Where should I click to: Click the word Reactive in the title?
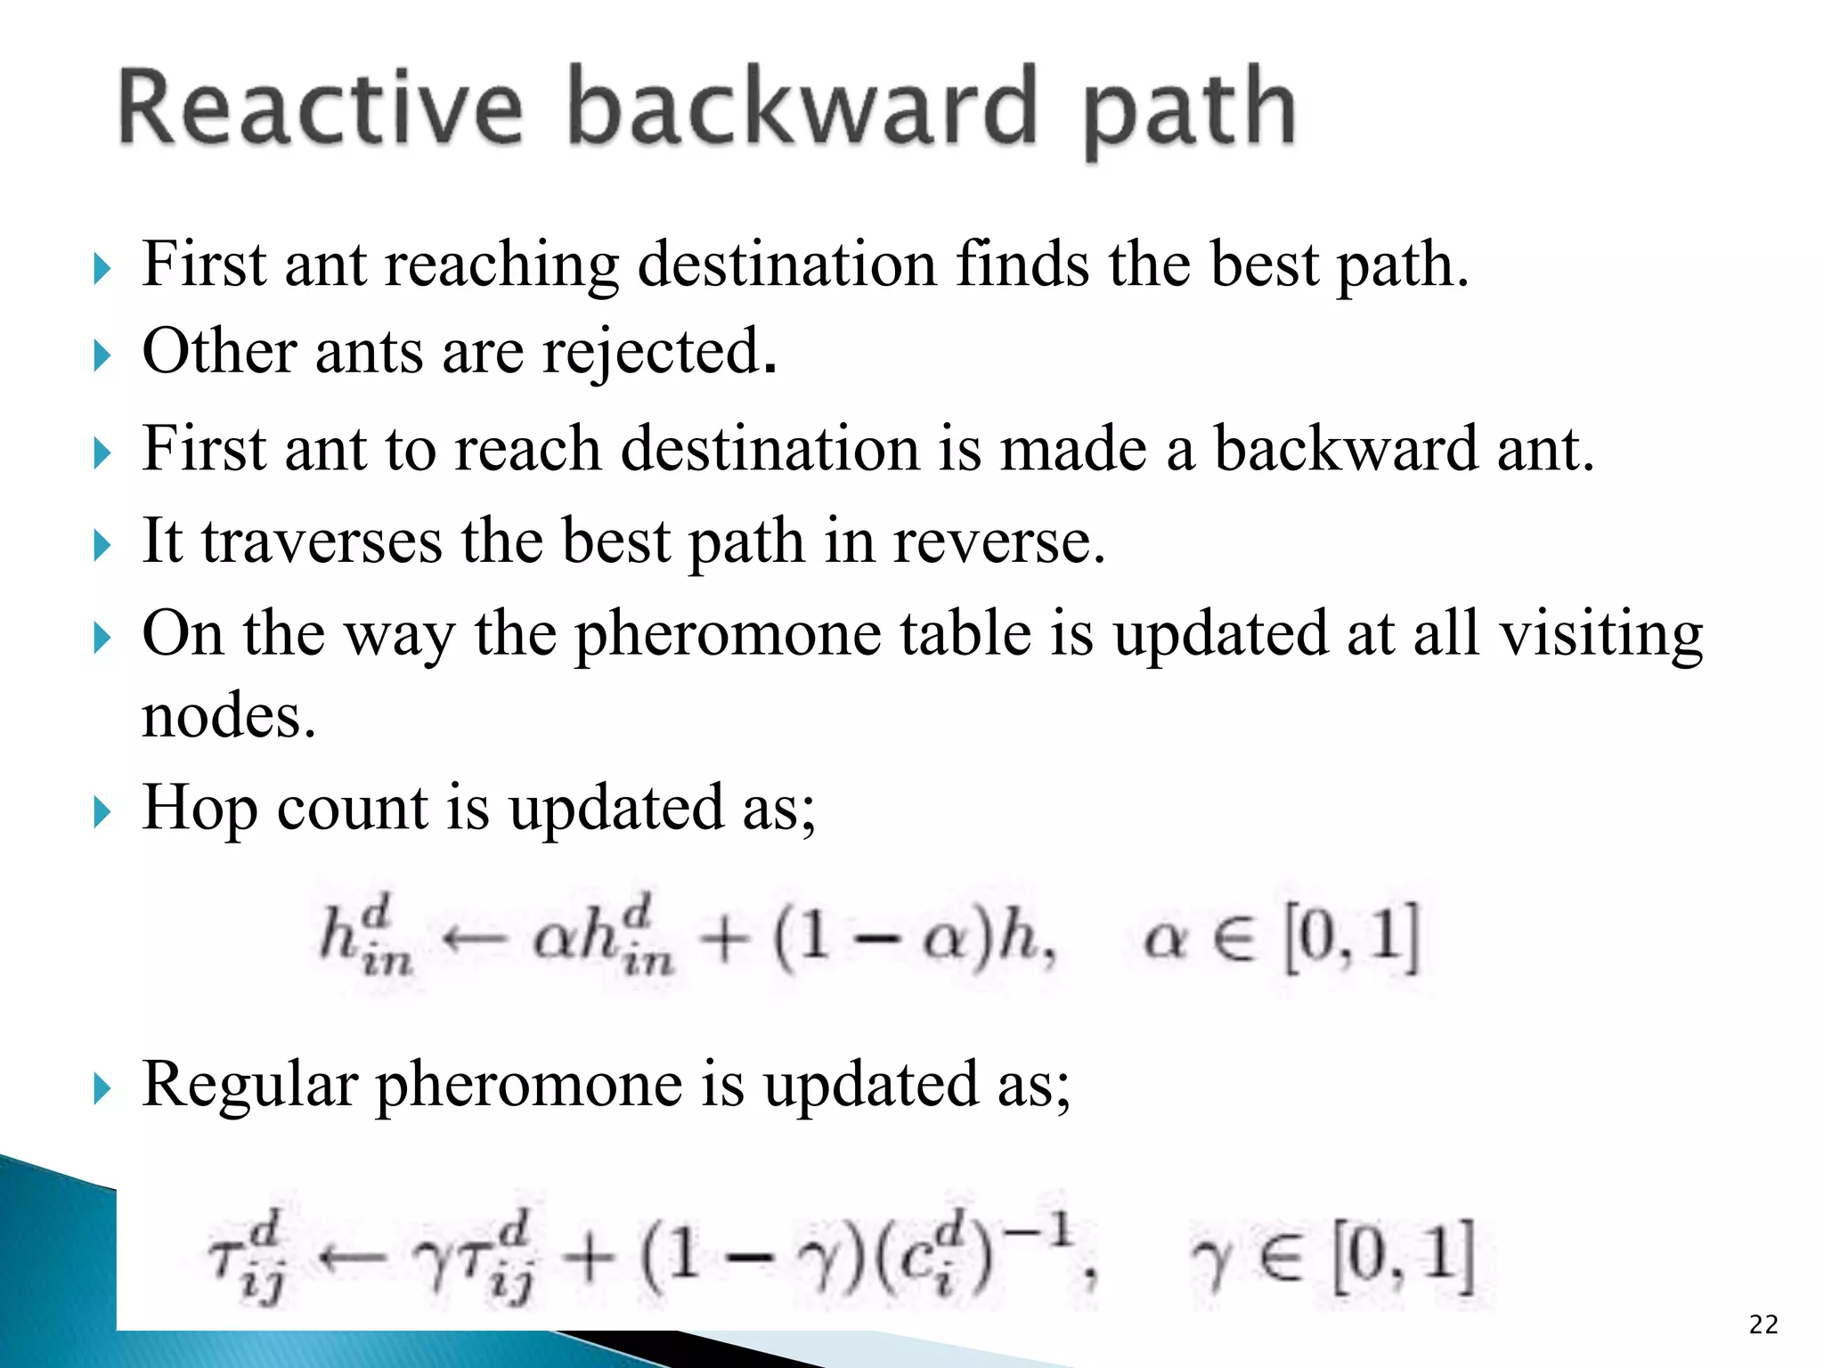click(x=321, y=108)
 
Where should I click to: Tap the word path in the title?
click(x=1189, y=111)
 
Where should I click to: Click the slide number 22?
click(x=1763, y=1324)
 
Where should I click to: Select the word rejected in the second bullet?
click(x=658, y=353)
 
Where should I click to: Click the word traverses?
click(x=322, y=541)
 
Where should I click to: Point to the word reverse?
click(x=998, y=541)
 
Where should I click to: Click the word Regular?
click(x=249, y=1085)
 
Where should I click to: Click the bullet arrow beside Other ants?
click(x=102, y=356)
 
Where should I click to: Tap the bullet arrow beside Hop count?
click(x=102, y=812)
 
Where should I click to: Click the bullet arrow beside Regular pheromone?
click(x=102, y=1088)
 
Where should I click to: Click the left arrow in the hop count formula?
click(x=475, y=938)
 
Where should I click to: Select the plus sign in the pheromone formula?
click(x=589, y=1258)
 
